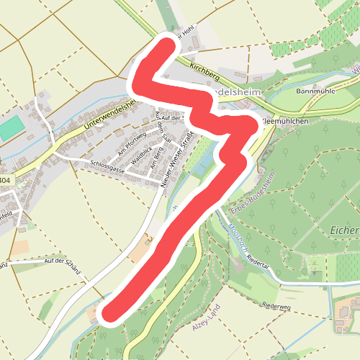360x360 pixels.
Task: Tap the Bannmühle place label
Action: tap(316, 92)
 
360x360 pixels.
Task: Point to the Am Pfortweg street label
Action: tap(132, 138)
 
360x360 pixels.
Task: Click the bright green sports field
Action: tap(12, 130)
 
